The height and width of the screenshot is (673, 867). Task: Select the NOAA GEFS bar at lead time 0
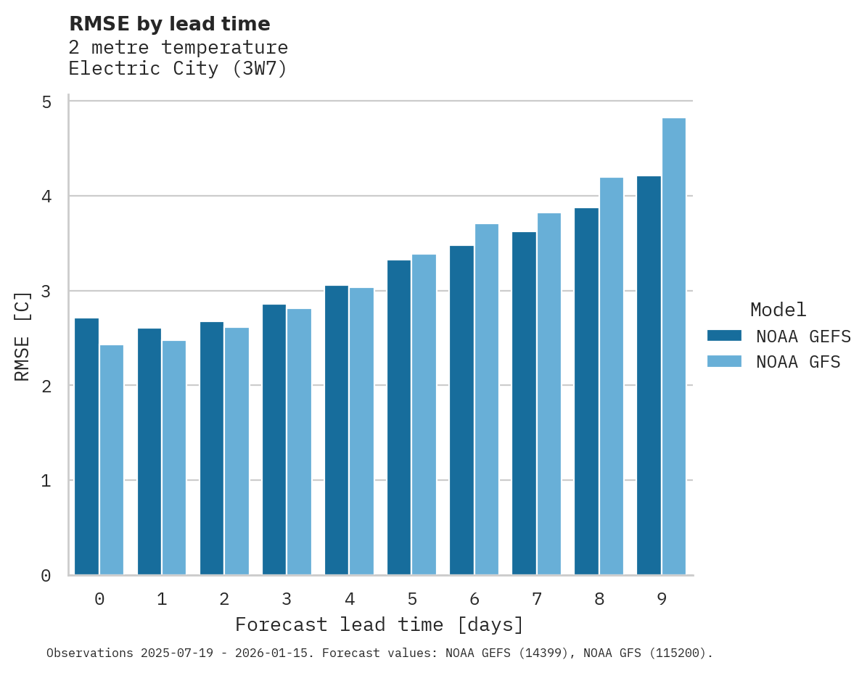point(86,447)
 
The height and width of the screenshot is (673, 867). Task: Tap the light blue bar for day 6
point(487,400)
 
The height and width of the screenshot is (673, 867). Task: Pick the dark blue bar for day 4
point(337,431)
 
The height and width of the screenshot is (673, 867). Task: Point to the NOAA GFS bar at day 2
point(237,451)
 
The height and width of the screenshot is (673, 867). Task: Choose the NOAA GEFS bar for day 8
point(586,392)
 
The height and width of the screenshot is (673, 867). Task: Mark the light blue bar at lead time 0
point(112,460)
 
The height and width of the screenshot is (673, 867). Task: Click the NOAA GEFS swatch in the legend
point(724,336)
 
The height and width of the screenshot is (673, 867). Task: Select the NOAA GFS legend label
point(798,362)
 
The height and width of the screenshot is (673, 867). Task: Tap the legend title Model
point(778,310)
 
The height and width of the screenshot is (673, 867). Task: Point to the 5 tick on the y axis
point(46,102)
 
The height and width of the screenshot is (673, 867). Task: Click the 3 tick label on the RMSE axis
point(46,291)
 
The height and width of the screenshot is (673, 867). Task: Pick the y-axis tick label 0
point(46,576)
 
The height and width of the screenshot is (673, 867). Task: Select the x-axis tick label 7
point(537,600)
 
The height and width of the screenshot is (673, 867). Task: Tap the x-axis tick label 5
point(412,600)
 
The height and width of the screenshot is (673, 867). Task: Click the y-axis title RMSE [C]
point(22,336)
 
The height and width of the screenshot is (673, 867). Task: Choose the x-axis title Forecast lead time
point(379,625)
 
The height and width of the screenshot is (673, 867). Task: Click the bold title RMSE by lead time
point(169,24)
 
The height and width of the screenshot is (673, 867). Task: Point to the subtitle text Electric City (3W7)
point(178,69)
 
